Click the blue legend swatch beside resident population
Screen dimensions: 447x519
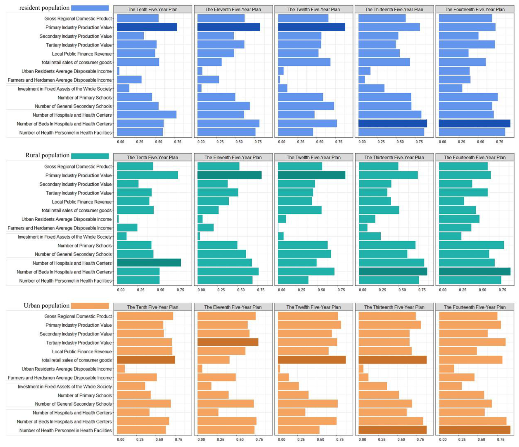click(x=90, y=8)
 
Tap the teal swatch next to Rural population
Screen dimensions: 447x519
click(x=90, y=156)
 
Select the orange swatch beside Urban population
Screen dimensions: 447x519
click(x=90, y=306)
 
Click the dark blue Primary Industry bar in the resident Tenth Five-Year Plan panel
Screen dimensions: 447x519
click(x=147, y=27)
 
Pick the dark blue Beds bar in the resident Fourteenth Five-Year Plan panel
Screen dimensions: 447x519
click(x=474, y=123)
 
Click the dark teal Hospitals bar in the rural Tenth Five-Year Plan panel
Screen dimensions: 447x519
click(x=149, y=263)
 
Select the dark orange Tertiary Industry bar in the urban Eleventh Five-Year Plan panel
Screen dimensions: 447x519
click(x=228, y=342)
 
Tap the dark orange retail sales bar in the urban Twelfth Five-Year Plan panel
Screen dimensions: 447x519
click(x=312, y=360)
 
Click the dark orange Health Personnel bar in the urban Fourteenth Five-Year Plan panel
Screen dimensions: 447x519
click(x=474, y=430)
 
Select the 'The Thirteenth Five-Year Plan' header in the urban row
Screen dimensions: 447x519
click(x=394, y=307)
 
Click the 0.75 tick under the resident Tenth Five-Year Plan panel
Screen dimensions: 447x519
click(x=178, y=142)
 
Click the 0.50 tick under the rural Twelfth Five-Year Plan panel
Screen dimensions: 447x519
click(x=321, y=290)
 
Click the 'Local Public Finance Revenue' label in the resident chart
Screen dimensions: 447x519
click(x=82, y=54)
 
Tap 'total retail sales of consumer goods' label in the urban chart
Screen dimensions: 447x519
click(x=77, y=360)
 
